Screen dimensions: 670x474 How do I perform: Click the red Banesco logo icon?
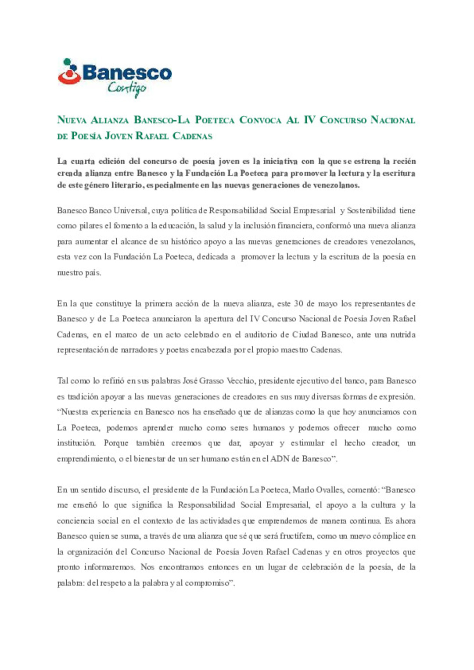tap(69, 72)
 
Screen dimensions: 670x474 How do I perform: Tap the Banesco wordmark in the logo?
tap(127, 72)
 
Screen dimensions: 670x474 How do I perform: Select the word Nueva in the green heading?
tap(72, 120)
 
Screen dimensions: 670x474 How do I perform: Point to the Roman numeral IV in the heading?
tap(309, 120)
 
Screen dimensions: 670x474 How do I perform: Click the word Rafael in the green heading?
tap(152, 136)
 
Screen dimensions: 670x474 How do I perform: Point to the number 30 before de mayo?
tap(298, 303)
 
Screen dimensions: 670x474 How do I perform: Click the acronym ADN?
tap(280, 459)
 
